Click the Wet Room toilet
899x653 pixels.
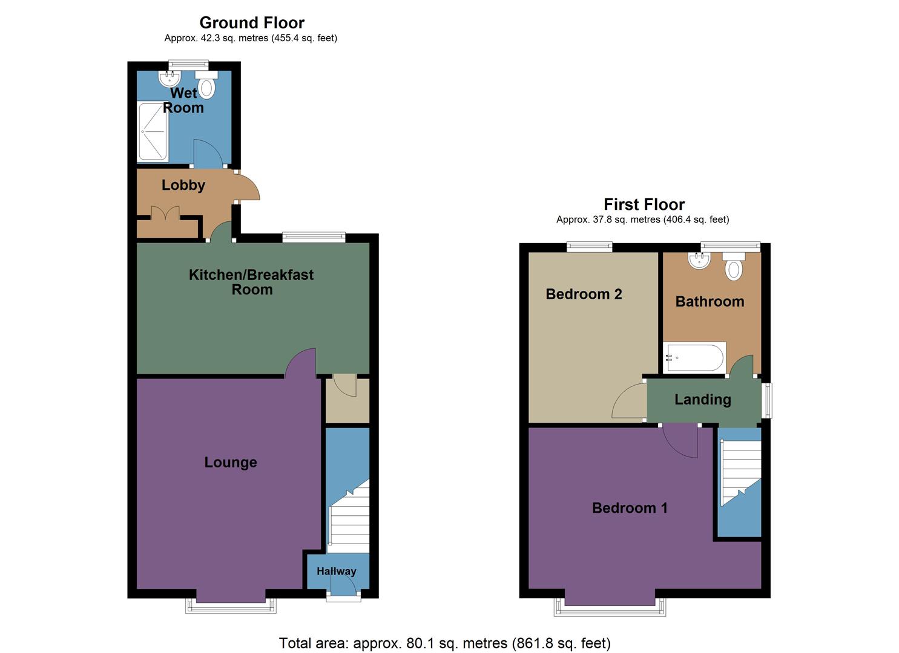click(206, 86)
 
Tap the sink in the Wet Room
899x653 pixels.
click(170, 78)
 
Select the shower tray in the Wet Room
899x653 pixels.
click(153, 132)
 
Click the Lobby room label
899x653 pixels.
click(183, 185)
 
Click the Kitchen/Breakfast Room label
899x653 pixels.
click(251, 282)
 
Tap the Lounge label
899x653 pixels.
click(231, 463)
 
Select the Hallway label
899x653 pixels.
click(337, 571)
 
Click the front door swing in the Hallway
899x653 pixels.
click(343, 585)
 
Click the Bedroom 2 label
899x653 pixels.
click(584, 294)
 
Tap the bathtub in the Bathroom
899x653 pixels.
click(694, 357)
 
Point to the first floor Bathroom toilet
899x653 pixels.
click(734, 266)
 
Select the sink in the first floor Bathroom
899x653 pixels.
click(699, 261)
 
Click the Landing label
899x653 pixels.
click(703, 400)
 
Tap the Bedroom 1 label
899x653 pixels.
click(630, 508)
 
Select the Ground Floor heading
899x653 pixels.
click(252, 23)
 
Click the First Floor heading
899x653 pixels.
click(644, 204)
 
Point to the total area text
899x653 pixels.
click(444, 643)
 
